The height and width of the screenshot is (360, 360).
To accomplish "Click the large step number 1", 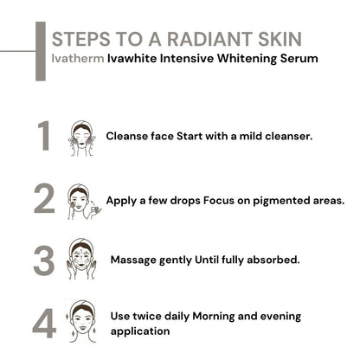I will pyautogui.click(x=45, y=137).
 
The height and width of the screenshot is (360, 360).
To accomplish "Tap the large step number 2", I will pyautogui.click(x=45, y=200).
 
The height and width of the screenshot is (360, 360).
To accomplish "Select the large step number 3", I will pyautogui.click(x=45, y=260).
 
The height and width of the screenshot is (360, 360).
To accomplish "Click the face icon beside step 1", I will pyautogui.click(x=83, y=137).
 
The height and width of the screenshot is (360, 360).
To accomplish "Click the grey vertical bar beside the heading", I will pyautogui.click(x=39, y=52).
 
